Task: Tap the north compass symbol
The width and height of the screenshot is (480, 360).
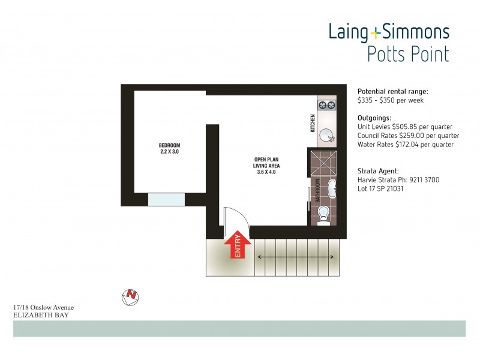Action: click(x=130, y=295)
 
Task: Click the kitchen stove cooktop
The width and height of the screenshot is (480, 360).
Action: click(x=326, y=106)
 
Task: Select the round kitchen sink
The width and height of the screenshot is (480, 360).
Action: click(x=327, y=136)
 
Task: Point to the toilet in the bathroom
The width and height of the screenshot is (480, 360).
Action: click(x=323, y=214)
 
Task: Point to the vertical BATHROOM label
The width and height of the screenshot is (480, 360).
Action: click(x=316, y=190)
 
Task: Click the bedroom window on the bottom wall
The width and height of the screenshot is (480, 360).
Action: click(x=166, y=200)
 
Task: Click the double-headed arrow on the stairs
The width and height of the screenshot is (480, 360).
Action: click(x=296, y=257)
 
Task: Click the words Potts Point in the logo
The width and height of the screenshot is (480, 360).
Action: click(x=408, y=55)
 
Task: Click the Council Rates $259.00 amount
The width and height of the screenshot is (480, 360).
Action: click(x=419, y=136)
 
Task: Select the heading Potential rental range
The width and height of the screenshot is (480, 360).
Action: click(x=393, y=91)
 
